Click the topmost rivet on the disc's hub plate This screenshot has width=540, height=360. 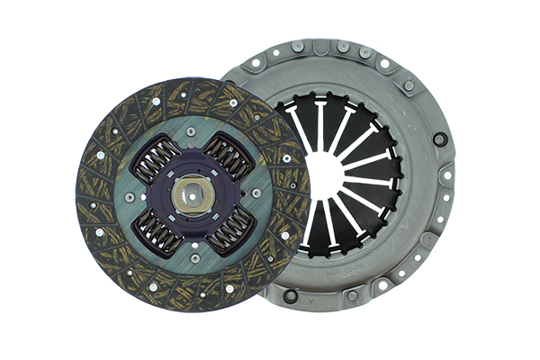coord(191,131)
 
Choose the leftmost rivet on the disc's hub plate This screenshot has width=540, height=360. coord(130,195)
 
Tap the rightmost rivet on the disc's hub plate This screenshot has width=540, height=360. coord(256,192)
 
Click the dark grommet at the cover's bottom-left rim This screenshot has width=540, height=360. coord(291,295)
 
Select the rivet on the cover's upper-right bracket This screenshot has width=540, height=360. coord(409,85)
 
